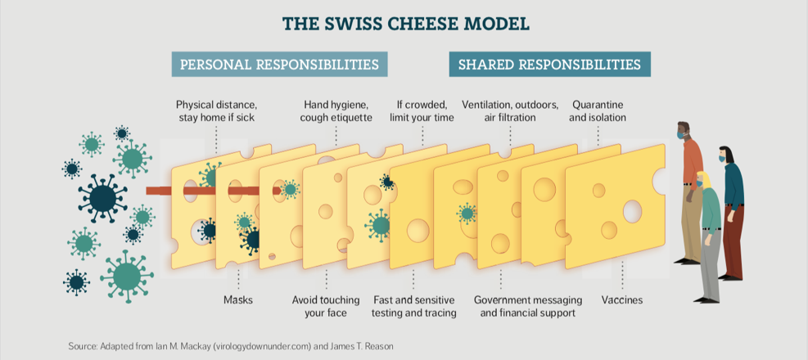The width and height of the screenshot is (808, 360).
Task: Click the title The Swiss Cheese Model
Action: (404, 24)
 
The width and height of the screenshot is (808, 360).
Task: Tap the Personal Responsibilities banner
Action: (279, 64)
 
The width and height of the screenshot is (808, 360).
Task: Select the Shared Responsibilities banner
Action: (549, 64)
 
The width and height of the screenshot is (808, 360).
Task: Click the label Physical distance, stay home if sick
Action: (217, 111)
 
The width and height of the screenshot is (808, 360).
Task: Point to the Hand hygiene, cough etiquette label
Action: (337, 111)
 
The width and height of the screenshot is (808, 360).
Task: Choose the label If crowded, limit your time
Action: (422, 111)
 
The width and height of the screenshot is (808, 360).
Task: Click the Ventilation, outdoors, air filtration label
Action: (510, 111)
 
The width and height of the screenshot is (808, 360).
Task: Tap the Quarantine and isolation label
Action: (599, 111)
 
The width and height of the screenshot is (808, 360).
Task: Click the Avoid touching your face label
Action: (325, 306)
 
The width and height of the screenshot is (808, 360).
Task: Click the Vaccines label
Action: (622, 300)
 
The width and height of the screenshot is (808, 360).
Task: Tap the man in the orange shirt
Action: (691, 188)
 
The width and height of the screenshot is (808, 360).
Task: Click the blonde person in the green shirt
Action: (709, 237)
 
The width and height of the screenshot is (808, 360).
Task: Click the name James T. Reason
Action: (360, 347)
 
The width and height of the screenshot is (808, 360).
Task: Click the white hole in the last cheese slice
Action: (633, 211)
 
